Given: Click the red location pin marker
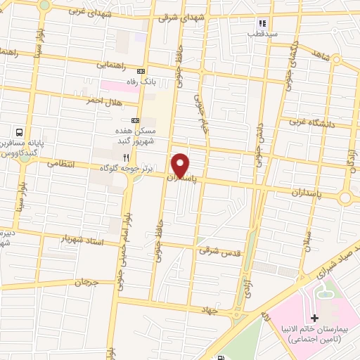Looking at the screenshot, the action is (x=181, y=165).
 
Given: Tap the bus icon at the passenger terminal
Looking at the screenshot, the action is (x=20, y=131).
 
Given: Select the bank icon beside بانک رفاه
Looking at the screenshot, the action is (x=141, y=71).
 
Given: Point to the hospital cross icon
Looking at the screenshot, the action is (x=314, y=319).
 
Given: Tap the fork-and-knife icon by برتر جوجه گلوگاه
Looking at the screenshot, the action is (x=124, y=157).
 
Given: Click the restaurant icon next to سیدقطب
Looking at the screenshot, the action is (x=262, y=22).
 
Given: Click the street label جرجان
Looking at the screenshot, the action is (x=82, y=281).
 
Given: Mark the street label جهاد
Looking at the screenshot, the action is (x=225, y=309).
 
